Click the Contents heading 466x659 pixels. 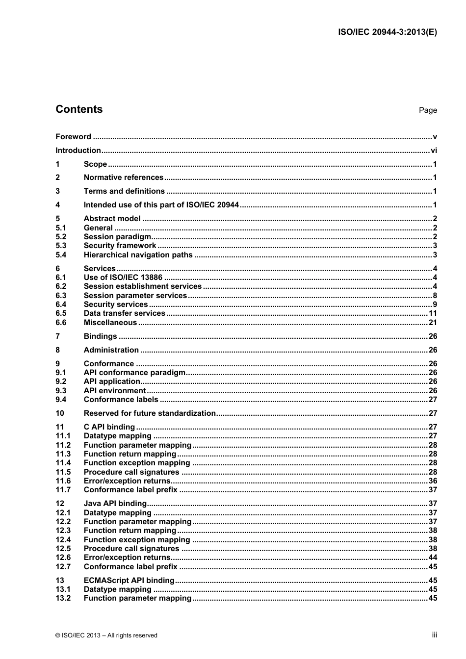click(x=79, y=109)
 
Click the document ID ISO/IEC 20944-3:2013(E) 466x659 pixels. click(x=387, y=32)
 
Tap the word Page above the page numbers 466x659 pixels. click(x=427, y=110)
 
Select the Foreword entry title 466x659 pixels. click(x=73, y=137)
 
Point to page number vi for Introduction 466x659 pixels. click(x=434, y=151)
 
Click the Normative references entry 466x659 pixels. click(x=123, y=177)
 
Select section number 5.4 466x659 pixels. click(x=61, y=255)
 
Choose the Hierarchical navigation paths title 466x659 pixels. click(x=138, y=255)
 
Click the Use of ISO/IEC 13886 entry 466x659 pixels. click(x=123, y=278)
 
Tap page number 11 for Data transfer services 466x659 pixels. click(x=433, y=313)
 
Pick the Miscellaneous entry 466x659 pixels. click(x=110, y=323)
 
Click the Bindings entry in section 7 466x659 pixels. click(x=100, y=336)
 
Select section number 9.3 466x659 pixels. click(x=61, y=391)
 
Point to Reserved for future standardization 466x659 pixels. click(x=150, y=413)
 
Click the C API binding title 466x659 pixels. click(x=109, y=427)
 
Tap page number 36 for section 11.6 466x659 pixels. click(x=433, y=481)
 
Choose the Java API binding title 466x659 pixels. click(x=115, y=504)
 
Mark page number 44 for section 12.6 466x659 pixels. click(x=433, y=558)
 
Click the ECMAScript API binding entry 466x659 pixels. click(x=129, y=581)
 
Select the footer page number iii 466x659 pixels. click(x=434, y=635)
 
